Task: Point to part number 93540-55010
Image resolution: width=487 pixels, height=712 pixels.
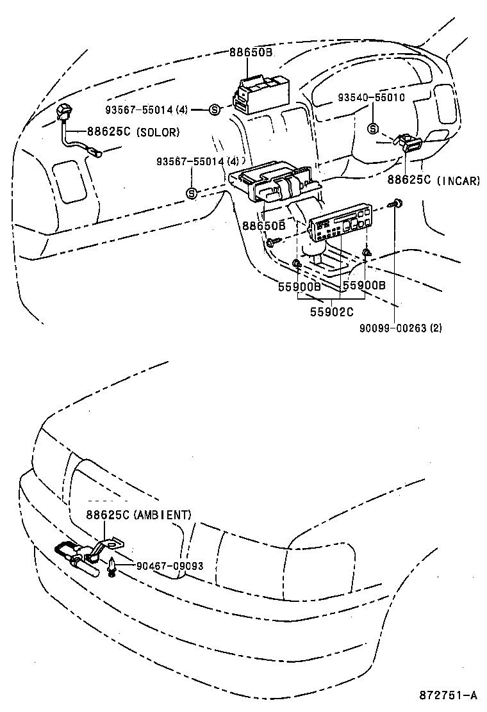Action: pos(371,97)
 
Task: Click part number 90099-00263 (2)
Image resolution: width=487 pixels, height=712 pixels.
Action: pos(401,328)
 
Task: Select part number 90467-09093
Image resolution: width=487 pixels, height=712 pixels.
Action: pos(169,566)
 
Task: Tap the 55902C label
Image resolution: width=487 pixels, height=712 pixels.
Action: pos(332,312)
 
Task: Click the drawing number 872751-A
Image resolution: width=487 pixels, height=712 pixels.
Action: pos(449,695)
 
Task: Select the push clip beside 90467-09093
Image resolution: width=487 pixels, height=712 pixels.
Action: pos(113,566)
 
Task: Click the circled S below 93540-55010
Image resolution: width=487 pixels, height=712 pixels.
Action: pos(373,129)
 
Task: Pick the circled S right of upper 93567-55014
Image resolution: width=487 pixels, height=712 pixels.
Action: pos(215,110)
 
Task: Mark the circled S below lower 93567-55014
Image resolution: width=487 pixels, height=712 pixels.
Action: pos(191,193)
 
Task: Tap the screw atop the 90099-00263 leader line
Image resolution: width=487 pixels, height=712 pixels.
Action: pos(397,204)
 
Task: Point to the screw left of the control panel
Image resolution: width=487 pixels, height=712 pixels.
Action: pos(274,243)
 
